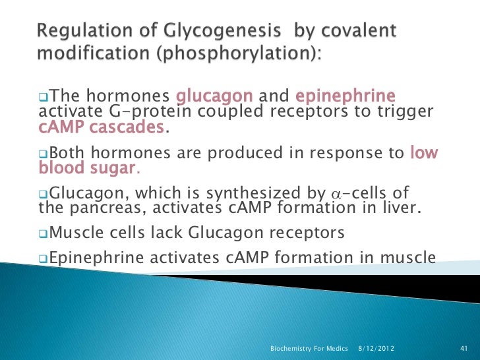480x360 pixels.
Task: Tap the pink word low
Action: point(424,154)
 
